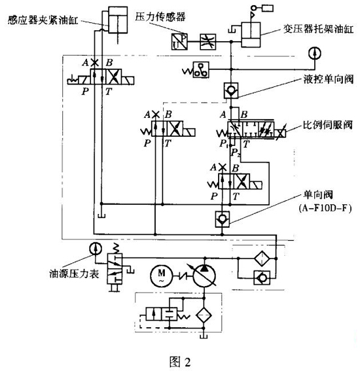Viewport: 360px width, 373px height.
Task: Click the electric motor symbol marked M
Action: tap(161, 275)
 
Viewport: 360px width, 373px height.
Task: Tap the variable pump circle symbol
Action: tap(204, 276)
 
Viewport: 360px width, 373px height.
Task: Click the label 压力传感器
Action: tap(160, 17)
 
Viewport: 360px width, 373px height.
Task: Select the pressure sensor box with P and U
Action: tap(179, 41)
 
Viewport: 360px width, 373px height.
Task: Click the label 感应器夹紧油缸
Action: tap(43, 20)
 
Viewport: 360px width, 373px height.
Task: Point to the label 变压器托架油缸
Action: tap(318, 29)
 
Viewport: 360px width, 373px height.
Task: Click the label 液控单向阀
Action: tap(329, 79)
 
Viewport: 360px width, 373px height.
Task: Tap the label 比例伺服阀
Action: tap(327, 125)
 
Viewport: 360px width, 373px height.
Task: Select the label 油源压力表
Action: tap(74, 274)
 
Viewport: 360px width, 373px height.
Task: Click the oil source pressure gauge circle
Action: tap(96, 249)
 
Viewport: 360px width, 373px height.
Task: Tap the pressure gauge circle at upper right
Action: tap(315, 53)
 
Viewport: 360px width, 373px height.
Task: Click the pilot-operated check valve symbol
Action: tap(231, 90)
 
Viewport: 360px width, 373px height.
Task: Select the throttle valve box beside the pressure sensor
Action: tap(207, 42)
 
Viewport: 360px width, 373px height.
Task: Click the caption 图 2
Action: tap(180, 362)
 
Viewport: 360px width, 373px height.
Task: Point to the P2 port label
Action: tap(236, 152)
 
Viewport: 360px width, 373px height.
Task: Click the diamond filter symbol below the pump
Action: tap(204, 315)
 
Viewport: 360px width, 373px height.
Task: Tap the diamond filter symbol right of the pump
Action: tap(261, 258)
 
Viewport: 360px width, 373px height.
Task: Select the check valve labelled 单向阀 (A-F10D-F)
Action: tap(223, 219)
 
